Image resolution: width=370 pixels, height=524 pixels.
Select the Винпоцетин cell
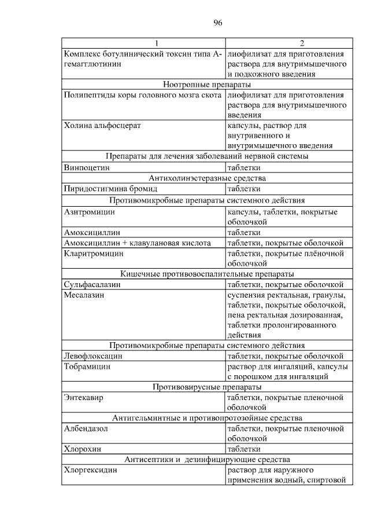tap(87, 167)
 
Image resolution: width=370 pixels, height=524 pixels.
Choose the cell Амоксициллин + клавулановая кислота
tap(137, 243)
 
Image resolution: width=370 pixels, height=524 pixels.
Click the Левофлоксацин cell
tap(93, 356)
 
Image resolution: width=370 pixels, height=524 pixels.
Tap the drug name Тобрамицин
tap(87, 367)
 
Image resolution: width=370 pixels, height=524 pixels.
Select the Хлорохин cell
tap(82, 448)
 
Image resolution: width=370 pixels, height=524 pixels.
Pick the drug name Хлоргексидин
tap(90, 470)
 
